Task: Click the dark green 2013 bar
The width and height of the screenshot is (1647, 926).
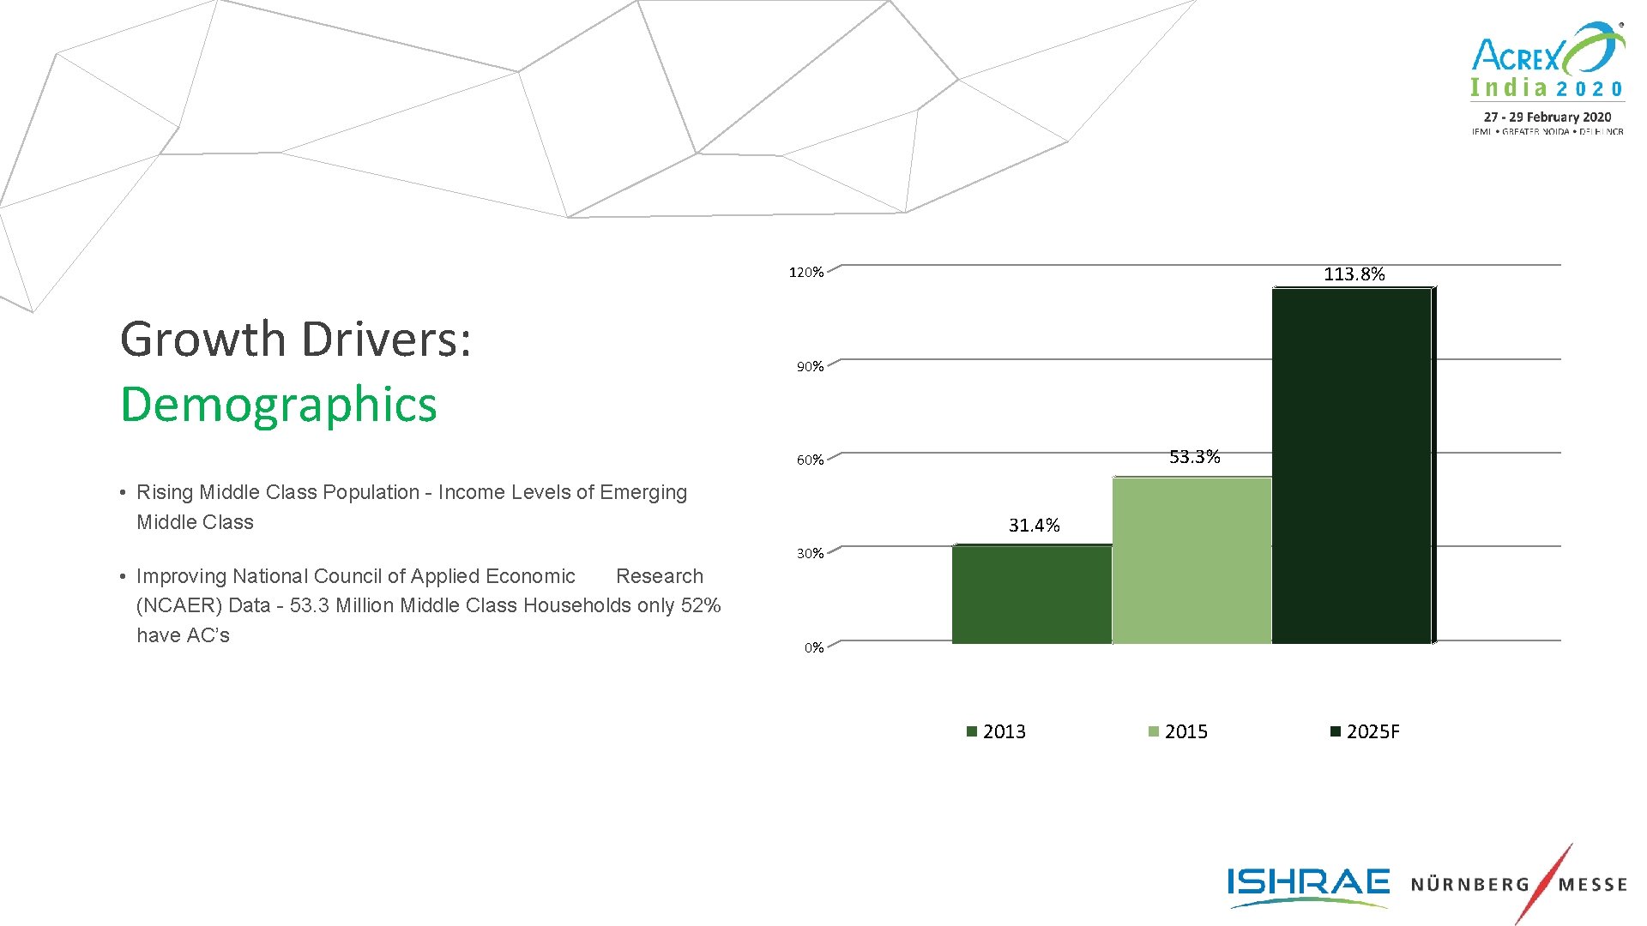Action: [x=1031, y=594]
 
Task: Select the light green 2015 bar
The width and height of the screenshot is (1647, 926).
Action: [x=1192, y=560]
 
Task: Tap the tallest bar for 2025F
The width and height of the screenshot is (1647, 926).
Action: [x=1352, y=466]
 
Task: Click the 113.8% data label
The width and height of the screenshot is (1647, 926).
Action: [x=1354, y=274]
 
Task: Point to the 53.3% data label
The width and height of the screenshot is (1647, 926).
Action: [x=1194, y=457]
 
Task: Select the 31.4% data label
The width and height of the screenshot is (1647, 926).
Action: [x=1034, y=526]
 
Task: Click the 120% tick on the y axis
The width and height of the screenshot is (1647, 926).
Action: [x=805, y=273]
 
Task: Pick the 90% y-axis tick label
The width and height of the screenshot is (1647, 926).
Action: [x=809, y=367]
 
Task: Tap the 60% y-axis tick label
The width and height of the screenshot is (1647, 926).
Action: [x=809, y=460]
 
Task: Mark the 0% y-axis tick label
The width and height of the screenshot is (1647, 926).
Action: [x=813, y=648]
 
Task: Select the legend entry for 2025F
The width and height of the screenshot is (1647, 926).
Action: [x=1365, y=731]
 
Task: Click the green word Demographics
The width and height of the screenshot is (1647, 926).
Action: [x=279, y=405]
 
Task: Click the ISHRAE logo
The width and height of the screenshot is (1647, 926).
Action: [x=1307, y=885]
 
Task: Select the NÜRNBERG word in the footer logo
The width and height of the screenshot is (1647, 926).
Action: [x=1469, y=885]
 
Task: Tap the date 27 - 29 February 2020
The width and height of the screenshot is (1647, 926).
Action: [x=1547, y=117]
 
